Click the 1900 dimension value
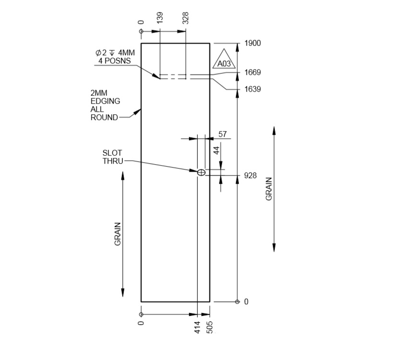[252, 43]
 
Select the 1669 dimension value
[252, 72]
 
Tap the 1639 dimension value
[252, 89]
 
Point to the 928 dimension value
[250, 176]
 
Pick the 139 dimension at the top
[160, 18]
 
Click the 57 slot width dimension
[223, 134]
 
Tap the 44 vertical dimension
[216, 150]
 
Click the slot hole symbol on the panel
[201, 172]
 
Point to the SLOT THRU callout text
[112, 157]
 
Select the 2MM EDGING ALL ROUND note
[105, 105]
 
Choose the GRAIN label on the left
[118, 234]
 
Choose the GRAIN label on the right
[269, 189]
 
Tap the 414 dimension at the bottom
[197, 328]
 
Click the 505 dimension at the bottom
[210, 328]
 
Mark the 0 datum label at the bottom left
[141, 323]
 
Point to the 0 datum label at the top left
[141, 22]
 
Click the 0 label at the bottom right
[246, 302]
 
